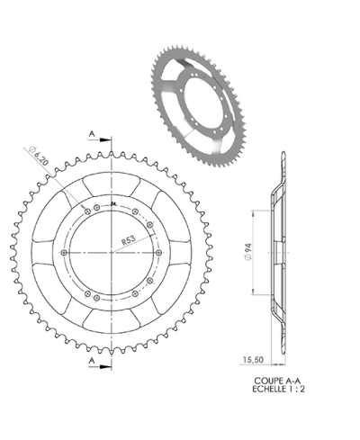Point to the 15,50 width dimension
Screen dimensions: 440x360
[x=253, y=358]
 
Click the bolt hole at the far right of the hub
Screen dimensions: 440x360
[x=159, y=254]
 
